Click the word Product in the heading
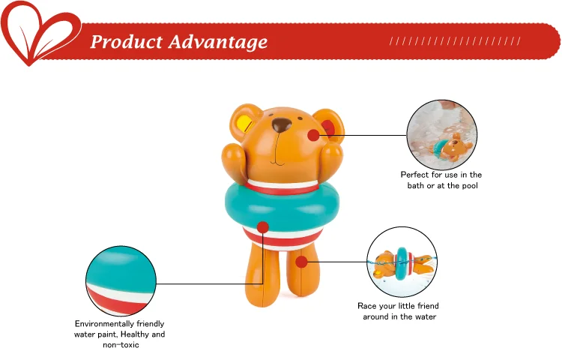coord(126,41)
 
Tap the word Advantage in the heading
coord(218,42)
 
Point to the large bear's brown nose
coord(281,124)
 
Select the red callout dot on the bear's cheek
coord(314,135)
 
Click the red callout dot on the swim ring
coord(263,227)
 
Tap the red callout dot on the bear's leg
coord(302,262)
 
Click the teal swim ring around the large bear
coord(282,205)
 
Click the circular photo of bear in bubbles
coord(442,135)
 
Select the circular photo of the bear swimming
coord(402,262)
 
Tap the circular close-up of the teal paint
coord(121,281)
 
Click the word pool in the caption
coord(469,186)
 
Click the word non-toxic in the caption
coord(121,345)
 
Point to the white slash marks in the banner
coord(455,41)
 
